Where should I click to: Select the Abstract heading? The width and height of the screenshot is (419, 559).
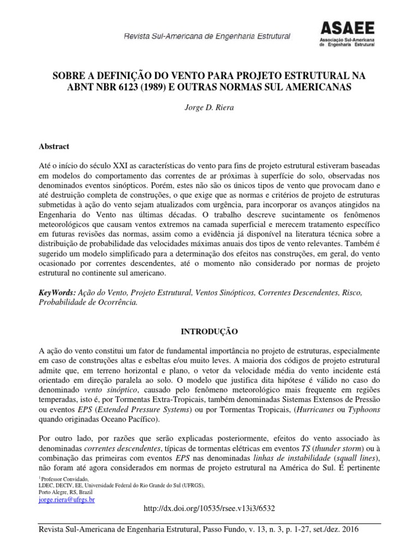(53, 147)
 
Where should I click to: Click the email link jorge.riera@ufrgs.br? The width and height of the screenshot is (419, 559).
(67, 499)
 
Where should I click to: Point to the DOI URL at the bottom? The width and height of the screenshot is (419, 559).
(209, 508)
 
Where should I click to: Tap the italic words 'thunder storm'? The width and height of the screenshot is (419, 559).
(333, 449)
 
